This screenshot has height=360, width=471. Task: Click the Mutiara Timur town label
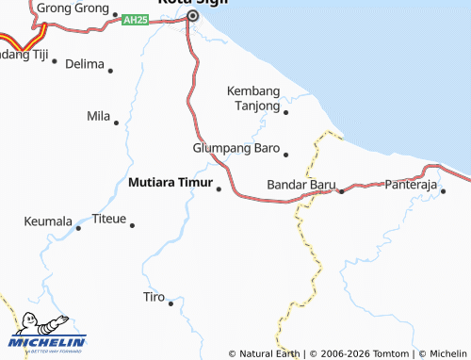(x=170, y=183)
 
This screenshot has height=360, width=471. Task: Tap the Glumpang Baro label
(x=236, y=149)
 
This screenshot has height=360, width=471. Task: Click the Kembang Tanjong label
(x=254, y=98)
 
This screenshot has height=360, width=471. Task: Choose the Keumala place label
(x=48, y=222)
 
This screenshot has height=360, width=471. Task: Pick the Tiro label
(x=154, y=297)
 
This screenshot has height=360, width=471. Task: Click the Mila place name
(x=98, y=116)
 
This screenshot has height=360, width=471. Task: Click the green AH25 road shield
(x=136, y=19)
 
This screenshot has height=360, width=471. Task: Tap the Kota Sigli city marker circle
(x=193, y=16)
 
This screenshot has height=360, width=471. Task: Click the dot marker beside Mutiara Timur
(x=219, y=188)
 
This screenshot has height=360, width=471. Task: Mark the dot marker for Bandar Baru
(x=341, y=191)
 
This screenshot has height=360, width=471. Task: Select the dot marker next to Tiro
(x=171, y=303)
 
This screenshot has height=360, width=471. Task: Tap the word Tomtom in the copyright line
(x=392, y=353)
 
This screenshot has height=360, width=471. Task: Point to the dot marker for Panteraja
(x=442, y=191)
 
